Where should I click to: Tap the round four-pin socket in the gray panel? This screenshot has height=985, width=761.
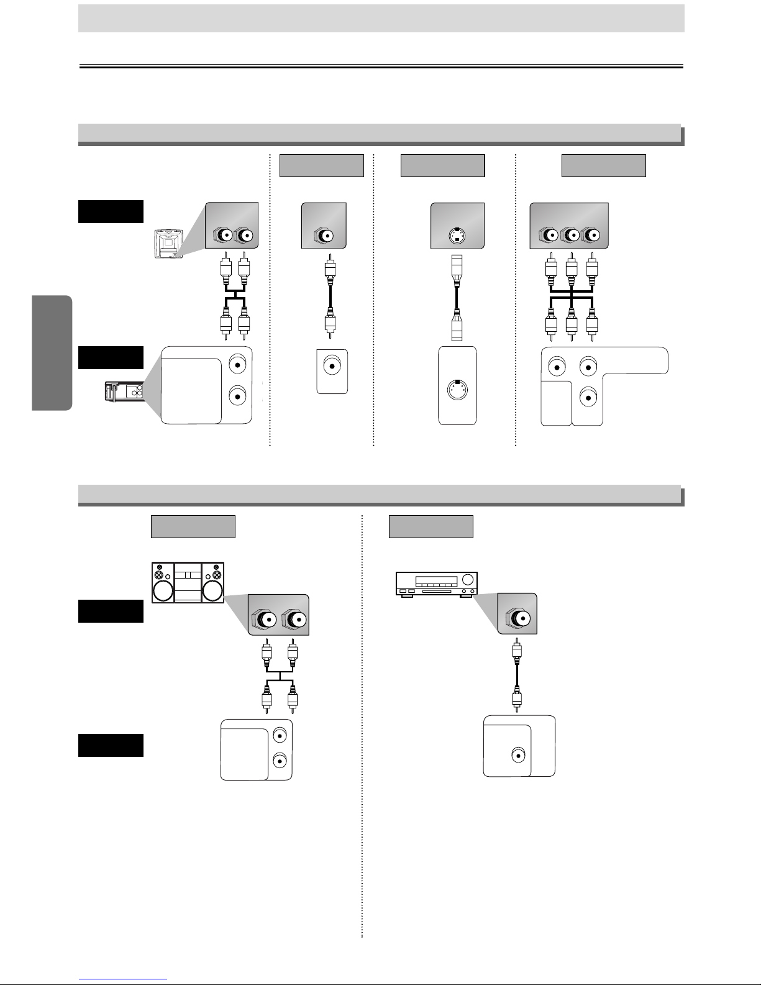click(x=457, y=236)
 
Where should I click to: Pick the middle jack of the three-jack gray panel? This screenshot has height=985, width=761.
click(x=568, y=236)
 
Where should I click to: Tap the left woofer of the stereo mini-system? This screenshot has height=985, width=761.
click(x=163, y=591)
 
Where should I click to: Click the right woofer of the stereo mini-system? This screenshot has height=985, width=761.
click(x=212, y=591)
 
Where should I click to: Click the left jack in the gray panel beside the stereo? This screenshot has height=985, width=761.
click(x=264, y=619)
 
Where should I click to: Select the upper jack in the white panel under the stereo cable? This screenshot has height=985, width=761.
click(x=280, y=735)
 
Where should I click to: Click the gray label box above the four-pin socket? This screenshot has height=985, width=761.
click(x=442, y=166)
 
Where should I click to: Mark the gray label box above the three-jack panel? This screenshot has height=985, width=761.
click(x=603, y=166)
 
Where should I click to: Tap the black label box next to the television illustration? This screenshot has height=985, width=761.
click(x=111, y=211)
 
